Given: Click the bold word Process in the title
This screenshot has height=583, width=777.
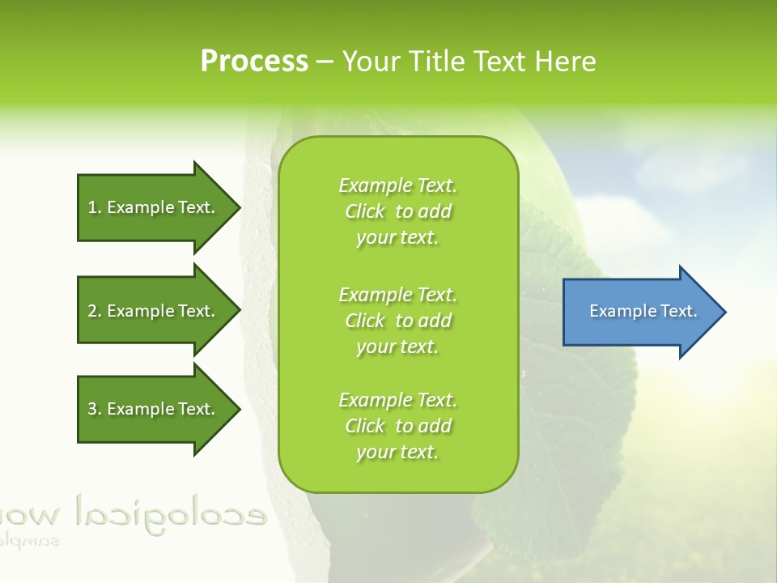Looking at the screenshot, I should click(x=254, y=62).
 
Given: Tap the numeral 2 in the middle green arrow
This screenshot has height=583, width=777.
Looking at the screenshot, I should click(x=92, y=311).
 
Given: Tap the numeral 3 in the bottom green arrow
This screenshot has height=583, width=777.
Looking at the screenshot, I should click(x=92, y=409).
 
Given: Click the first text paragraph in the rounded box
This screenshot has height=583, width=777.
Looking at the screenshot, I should click(x=397, y=211).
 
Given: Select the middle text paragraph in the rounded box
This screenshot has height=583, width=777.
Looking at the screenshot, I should click(x=397, y=321).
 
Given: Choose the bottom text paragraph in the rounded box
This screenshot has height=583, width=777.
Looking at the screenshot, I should click(x=397, y=426).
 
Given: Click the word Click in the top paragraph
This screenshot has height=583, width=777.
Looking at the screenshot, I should click(x=365, y=211).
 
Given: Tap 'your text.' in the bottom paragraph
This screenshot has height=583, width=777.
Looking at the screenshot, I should click(x=397, y=452).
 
